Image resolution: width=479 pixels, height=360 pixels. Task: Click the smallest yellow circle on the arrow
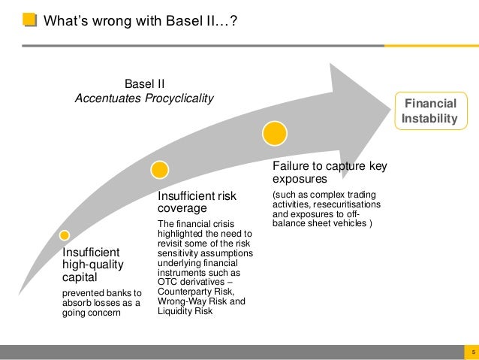click(x=65, y=234)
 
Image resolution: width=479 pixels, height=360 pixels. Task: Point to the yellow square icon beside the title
click(x=28, y=20)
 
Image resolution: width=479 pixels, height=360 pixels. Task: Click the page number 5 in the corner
click(x=471, y=352)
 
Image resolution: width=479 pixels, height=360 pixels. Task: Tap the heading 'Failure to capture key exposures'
click(x=330, y=173)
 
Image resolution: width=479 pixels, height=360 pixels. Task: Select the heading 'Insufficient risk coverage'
click(x=196, y=202)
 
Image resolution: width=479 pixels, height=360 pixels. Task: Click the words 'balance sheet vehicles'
click(x=321, y=223)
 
